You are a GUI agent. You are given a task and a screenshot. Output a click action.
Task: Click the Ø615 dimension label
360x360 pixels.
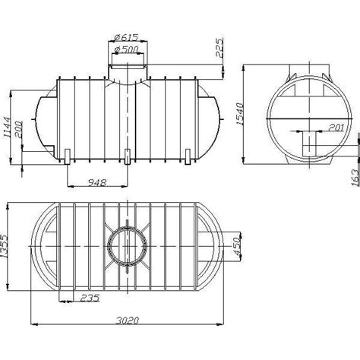coord(126,37)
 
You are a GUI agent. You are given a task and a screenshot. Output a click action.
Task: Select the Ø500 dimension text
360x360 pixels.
coord(126,49)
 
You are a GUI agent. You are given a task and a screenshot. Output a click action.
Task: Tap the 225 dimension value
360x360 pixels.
coord(219,47)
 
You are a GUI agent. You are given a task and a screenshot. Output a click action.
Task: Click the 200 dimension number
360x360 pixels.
coord(18,129)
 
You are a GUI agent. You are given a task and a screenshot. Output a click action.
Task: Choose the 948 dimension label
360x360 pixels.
coord(97,182)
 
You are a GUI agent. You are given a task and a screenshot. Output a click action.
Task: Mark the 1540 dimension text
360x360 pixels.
coord(239,114)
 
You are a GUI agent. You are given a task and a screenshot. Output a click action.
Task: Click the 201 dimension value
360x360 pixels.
coord(336,128)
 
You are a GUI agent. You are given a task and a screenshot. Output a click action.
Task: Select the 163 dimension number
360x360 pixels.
coord(355,178)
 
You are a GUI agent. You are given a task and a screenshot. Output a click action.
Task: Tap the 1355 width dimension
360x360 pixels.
coord(5,246)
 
